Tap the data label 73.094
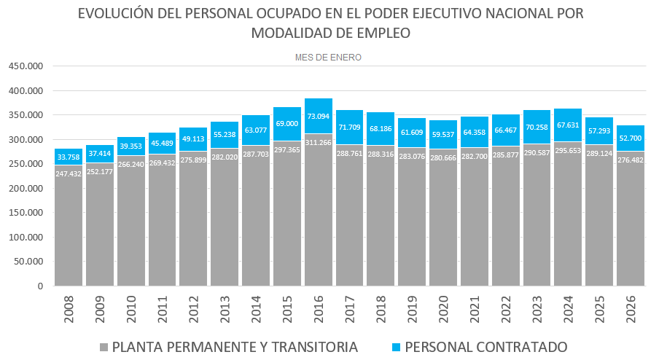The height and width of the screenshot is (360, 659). [318, 116]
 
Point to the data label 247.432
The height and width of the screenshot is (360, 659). [69, 175]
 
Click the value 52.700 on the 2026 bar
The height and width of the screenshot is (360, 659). [631, 138]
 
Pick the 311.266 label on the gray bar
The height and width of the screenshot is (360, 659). [318, 143]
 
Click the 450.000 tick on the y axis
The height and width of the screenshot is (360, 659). [26, 66]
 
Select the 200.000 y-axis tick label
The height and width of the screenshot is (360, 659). [26, 189]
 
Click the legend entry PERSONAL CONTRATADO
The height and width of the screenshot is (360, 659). [486, 347]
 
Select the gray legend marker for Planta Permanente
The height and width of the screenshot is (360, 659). [104, 347]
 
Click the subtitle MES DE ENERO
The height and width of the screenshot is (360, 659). [328, 57]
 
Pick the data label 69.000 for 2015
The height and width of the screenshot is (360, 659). [287, 124]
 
